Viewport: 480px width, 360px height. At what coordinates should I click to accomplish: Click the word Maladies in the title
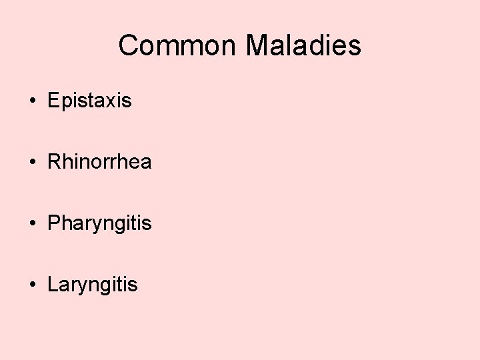(303, 46)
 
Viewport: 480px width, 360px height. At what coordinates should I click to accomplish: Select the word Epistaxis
(89, 101)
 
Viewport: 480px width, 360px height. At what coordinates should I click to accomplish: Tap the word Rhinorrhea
(99, 162)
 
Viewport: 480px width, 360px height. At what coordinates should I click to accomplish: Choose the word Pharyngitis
(99, 224)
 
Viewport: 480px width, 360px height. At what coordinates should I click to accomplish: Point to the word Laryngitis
(93, 285)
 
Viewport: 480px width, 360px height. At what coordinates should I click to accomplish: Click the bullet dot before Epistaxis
(32, 101)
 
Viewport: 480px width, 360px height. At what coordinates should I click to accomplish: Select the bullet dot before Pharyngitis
(32, 224)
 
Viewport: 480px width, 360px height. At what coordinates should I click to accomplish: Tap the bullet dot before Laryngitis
(32, 285)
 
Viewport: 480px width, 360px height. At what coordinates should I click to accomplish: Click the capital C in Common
(128, 46)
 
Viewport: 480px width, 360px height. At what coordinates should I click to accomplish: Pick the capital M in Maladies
(257, 46)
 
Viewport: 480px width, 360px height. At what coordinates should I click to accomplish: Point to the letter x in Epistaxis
(112, 101)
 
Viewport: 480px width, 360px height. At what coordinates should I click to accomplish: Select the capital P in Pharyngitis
(54, 223)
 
